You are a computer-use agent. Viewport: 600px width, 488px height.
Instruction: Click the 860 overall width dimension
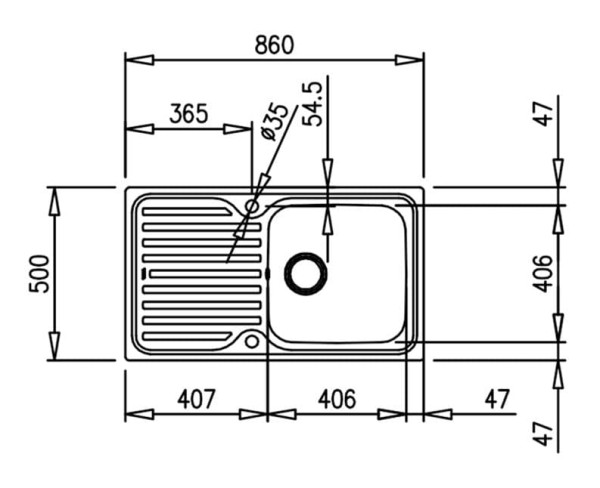tap(274, 44)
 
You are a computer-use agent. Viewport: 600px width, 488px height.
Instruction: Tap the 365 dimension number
tap(189, 113)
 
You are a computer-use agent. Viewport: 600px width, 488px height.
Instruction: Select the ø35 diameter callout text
tap(273, 122)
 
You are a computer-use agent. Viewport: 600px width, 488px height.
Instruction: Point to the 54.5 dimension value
tap(313, 104)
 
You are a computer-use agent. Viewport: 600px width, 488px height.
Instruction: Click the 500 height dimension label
tap(39, 274)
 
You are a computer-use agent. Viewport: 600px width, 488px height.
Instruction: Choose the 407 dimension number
tap(196, 398)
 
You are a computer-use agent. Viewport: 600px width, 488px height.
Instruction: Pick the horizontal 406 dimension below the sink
tap(337, 398)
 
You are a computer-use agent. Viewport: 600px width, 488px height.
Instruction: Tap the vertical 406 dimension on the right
tap(543, 273)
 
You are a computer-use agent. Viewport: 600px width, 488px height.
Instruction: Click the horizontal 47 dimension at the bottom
tap(497, 398)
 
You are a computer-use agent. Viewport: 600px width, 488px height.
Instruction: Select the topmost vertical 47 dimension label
tap(543, 114)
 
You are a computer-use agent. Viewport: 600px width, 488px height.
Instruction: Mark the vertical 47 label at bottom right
tap(543, 434)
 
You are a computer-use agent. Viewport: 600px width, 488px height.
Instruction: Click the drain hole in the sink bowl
tap(305, 274)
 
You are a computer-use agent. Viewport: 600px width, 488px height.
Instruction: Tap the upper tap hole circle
tap(252, 207)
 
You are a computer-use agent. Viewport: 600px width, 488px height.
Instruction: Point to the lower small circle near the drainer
tap(252, 341)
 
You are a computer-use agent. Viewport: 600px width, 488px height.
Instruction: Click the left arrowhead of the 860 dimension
tap(140, 60)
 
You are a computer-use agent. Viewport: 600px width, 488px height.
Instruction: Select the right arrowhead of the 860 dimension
tap(409, 60)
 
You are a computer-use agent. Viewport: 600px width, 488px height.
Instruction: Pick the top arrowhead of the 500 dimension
tap(55, 201)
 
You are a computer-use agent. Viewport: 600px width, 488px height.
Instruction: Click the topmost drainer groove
tap(187, 212)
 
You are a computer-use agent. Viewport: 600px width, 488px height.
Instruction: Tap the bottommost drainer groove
tap(187, 336)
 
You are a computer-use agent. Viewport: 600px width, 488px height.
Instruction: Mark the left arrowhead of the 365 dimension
tap(140, 129)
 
